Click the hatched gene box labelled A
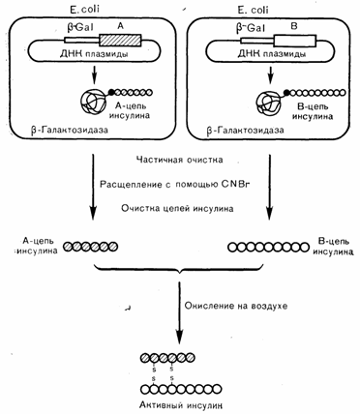click(x=120, y=40)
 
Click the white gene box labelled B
click(x=294, y=41)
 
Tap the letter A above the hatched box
click(x=120, y=27)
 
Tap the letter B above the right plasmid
click(x=294, y=27)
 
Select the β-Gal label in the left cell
click(x=80, y=27)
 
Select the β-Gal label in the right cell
click(x=251, y=28)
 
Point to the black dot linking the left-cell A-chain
click(x=111, y=92)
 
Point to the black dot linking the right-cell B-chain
click(x=286, y=93)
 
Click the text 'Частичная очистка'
click(x=179, y=160)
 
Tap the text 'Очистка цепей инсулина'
click(x=177, y=208)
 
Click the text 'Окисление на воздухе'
click(x=236, y=306)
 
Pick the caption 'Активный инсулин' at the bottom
click(x=182, y=404)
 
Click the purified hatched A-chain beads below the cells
click(x=90, y=247)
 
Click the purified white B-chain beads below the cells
click(x=268, y=248)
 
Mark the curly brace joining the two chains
click(x=179, y=269)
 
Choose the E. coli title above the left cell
click(x=84, y=9)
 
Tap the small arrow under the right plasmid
click(x=271, y=74)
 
